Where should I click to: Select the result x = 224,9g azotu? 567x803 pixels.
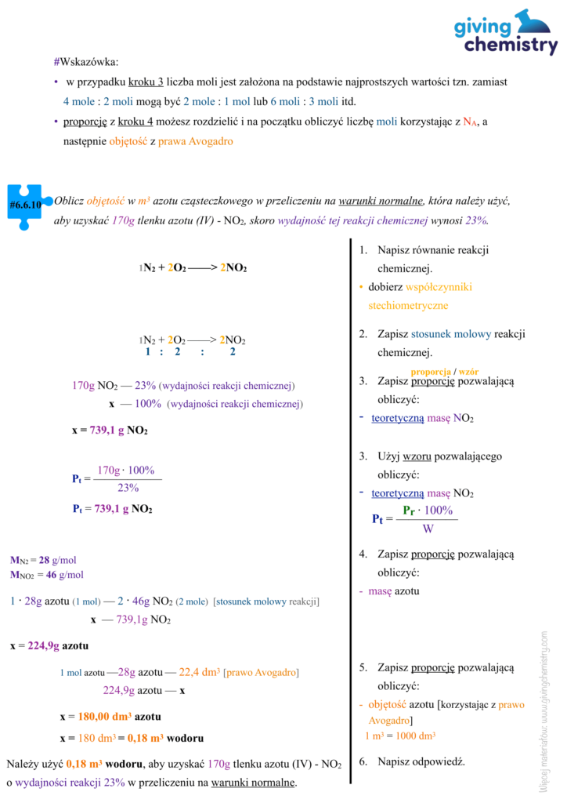click(49, 646)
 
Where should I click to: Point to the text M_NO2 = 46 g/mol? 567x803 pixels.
click(46, 575)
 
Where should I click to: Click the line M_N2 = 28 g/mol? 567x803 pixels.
click(43, 561)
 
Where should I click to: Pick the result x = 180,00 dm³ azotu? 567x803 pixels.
click(110, 717)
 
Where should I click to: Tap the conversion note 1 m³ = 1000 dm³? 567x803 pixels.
click(399, 736)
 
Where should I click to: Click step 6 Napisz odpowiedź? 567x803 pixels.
click(412, 761)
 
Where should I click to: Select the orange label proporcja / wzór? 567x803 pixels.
click(444, 370)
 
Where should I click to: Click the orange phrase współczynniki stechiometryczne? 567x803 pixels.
click(423, 296)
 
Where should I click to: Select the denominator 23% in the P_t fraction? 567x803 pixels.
click(128, 487)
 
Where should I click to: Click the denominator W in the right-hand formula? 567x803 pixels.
click(428, 529)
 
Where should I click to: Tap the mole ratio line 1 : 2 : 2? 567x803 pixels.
click(190, 352)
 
